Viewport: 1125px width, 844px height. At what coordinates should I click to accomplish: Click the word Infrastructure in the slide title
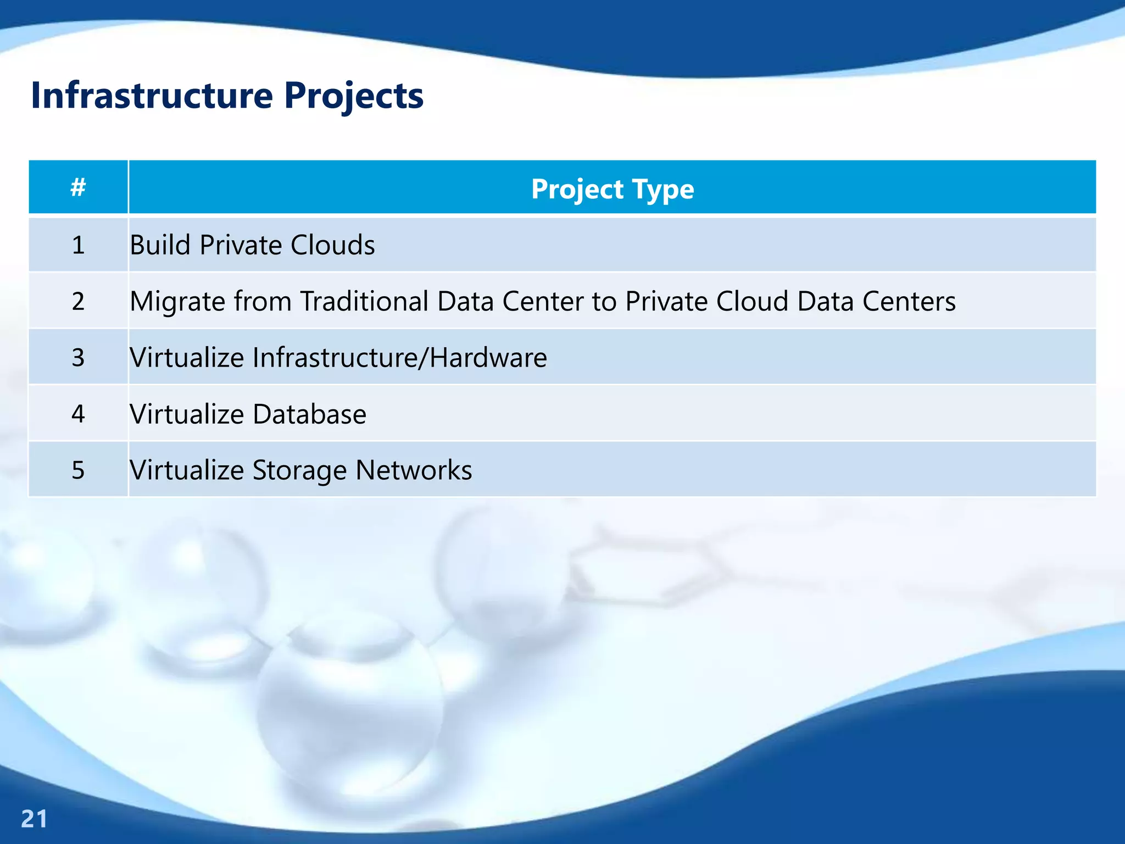[152, 96]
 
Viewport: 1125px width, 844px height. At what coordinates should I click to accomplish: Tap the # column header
[78, 187]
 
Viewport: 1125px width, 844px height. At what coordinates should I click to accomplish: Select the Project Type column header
[612, 189]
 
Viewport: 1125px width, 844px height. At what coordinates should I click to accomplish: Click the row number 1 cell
[78, 245]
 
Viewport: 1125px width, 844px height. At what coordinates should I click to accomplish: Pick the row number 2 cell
[78, 301]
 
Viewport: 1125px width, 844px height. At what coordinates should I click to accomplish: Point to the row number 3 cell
[78, 358]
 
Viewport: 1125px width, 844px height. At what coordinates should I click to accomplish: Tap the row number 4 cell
[78, 414]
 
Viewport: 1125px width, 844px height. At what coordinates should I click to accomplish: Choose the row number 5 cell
[78, 470]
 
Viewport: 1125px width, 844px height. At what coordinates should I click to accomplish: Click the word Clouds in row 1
[332, 245]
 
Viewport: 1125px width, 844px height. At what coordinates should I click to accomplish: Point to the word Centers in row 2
[909, 301]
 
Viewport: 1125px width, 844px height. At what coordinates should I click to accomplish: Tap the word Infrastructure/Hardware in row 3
[399, 358]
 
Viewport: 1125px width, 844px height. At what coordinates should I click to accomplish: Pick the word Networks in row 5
[413, 470]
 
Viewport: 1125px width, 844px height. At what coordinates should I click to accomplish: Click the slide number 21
[34, 819]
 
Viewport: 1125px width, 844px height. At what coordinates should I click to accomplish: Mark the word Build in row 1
[160, 245]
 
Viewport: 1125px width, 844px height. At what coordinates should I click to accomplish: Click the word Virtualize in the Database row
[187, 414]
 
